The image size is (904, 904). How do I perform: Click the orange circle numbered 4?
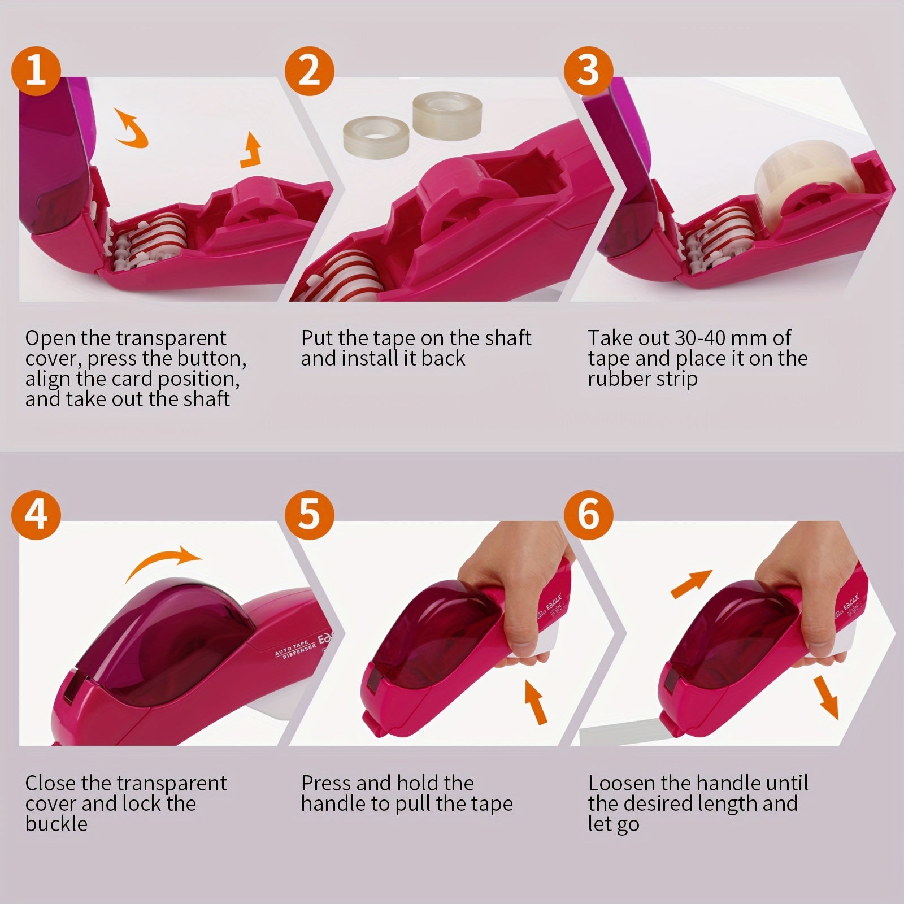[36, 515]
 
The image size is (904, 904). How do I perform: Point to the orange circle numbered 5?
[309, 515]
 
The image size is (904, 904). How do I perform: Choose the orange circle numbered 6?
[588, 515]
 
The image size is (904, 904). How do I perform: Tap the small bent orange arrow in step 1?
[251, 154]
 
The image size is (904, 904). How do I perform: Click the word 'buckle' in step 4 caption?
[56, 824]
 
